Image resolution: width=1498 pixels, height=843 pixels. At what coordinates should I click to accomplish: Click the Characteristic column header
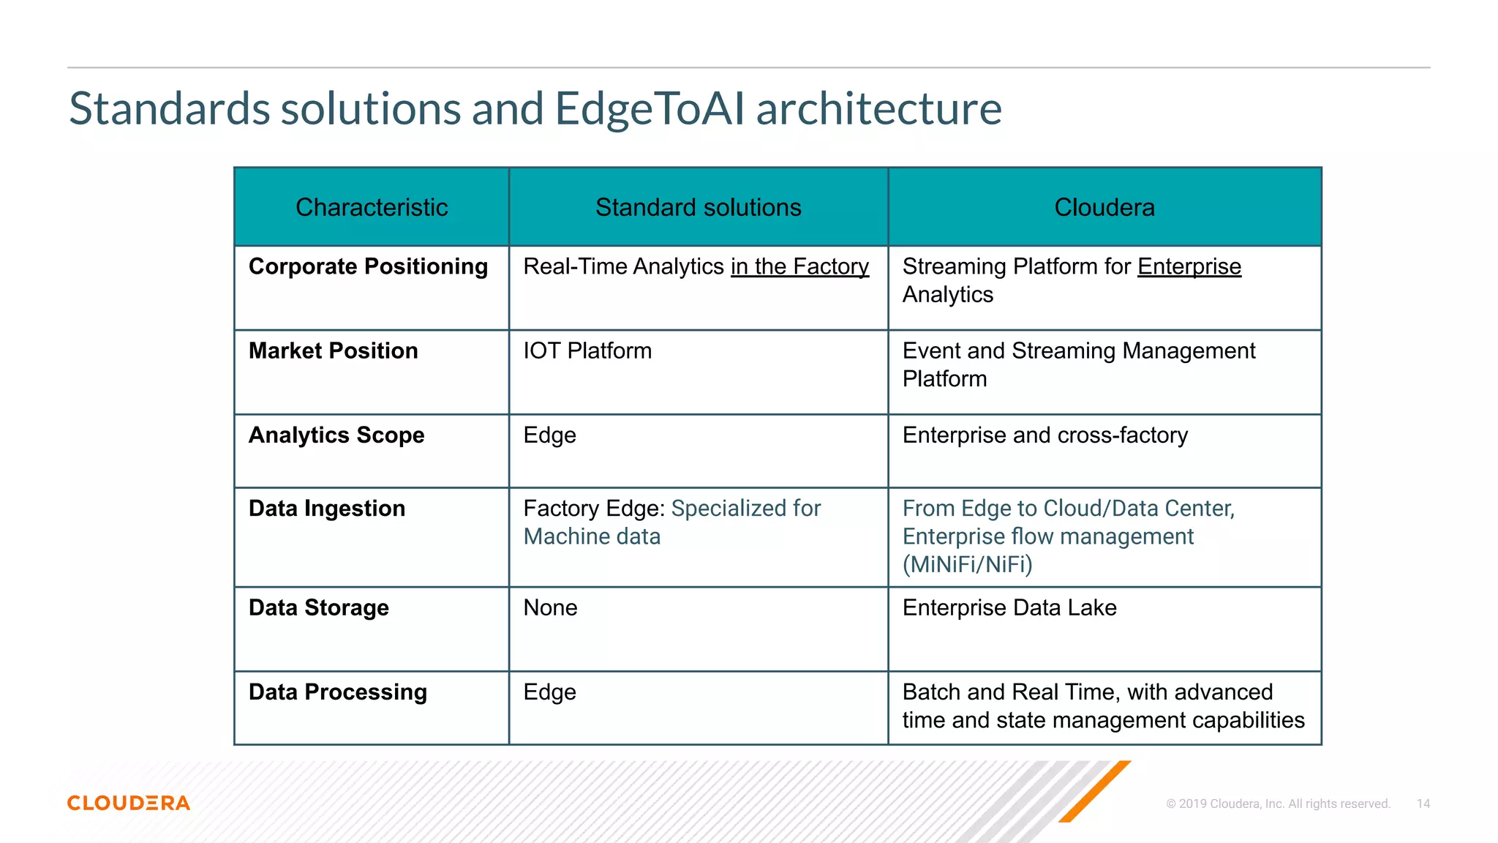(x=372, y=207)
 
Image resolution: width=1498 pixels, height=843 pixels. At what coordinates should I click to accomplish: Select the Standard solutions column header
(x=698, y=207)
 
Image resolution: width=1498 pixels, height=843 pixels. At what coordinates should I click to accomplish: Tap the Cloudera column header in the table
(x=1104, y=207)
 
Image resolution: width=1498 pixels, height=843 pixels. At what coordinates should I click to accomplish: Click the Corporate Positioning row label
(x=368, y=266)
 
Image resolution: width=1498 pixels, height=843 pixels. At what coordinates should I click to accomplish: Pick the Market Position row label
(x=333, y=351)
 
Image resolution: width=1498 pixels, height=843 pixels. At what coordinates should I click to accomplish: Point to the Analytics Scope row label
(x=336, y=435)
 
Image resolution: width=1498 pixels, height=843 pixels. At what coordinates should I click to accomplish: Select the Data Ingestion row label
(x=326, y=509)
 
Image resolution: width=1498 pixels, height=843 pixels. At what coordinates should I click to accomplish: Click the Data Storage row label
(x=318, y=607)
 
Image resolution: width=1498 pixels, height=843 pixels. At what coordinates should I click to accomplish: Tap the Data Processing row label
(x=337, y=692)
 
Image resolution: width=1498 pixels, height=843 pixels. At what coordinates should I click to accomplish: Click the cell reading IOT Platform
(x=587, y=351)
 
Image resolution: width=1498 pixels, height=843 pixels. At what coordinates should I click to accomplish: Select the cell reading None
(x=550, y=607)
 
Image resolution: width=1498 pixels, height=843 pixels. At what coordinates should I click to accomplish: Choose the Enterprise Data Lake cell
(x=1009, y=607)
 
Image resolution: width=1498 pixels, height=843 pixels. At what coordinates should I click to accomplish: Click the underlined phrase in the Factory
(x=799, y=266)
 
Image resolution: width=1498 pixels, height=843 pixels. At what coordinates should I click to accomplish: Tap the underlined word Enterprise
(x=1189, y=266)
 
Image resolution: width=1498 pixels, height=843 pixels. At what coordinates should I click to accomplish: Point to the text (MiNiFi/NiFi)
(x=967, y=564)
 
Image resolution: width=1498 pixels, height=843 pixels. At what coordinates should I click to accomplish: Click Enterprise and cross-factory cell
(x=1045, y=435)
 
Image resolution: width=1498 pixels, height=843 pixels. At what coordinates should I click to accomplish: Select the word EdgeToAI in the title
(x=650, y=108)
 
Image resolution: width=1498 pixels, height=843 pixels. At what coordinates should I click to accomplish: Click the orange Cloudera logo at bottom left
(x=129, y=803)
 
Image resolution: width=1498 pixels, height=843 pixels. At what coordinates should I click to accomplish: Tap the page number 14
(x=1423, y=803)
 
